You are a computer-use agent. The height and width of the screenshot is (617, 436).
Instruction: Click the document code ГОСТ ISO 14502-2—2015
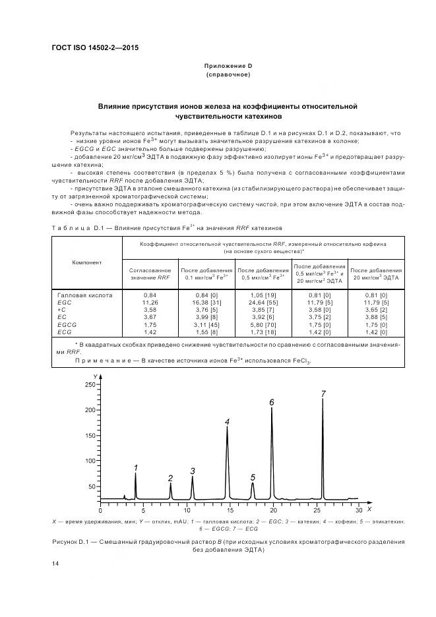pos(95,47)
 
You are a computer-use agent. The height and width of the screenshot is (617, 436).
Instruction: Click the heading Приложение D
pos(228,67)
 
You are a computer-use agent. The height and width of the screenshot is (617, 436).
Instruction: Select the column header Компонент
pos(87,262)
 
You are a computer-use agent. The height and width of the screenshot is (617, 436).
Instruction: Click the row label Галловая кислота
pos(85,295)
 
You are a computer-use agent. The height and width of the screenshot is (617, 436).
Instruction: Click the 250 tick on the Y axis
pos(90,384)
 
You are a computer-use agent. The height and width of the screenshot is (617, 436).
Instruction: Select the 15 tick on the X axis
pos(230,511)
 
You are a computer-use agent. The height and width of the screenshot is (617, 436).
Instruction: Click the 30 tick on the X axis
pos(358,511)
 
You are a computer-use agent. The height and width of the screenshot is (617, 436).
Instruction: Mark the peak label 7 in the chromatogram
pos(323,394)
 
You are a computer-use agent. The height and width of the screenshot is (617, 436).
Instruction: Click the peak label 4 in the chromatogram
pos(227,422)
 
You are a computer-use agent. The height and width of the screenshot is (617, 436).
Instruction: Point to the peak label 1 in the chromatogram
pos(136,467)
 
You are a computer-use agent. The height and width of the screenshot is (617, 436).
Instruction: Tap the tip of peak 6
pos(272,408)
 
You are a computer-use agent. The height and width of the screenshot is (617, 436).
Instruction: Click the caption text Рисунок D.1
pos(70,542)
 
